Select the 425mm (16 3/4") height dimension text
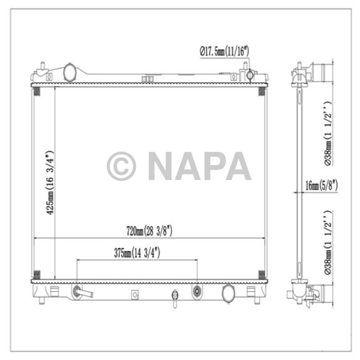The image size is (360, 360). pyautogui.click(x=50, y=183)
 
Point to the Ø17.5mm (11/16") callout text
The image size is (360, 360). pyautogui.click(x=224, y=50)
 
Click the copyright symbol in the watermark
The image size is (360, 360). pyautogui.click(x=121, y=166)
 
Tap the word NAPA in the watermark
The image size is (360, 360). pyautogui.click(x=199, y=166)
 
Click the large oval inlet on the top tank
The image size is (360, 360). pyautogui.click(x=69, y=71)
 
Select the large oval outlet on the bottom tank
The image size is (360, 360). pyautogui.click(x=228, y=293)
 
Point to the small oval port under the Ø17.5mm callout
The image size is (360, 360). pyautogui.click(x=250, y=75)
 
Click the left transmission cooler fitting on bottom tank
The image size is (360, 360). pyautogui.click(x=78, y=292)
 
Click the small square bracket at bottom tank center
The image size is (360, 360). pyautogui.click(x=135, y=294)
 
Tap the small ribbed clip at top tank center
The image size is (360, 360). pyautogui.click(x=148, y=79)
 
